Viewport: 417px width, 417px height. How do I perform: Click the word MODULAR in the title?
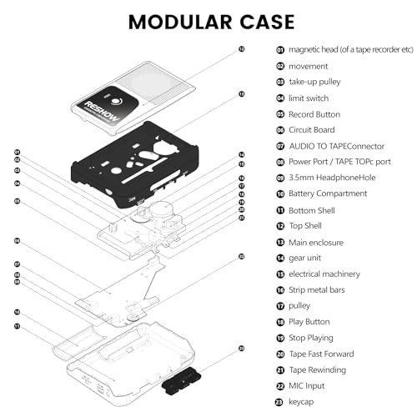(171, 20)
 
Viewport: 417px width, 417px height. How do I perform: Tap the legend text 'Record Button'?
(314, 113)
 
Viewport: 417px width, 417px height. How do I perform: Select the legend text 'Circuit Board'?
(313, 129)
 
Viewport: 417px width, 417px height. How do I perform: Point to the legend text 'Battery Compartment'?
(327, 193)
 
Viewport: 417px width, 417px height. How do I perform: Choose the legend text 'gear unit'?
(306, 258)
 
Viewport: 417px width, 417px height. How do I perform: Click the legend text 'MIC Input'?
(307, 386)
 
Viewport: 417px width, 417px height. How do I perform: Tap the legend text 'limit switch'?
(309, 98)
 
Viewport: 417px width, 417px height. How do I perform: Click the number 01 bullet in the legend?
(280, 50)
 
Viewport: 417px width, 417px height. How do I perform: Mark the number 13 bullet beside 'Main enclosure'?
(280, 242)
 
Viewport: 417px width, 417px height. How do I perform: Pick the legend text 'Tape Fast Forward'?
(322, 354)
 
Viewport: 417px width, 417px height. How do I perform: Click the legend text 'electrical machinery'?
(324, 274)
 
